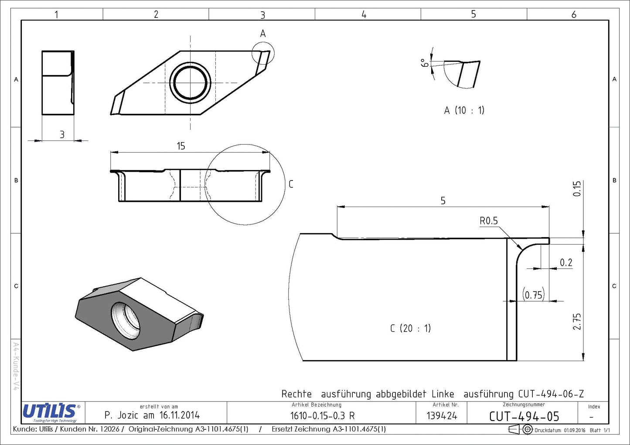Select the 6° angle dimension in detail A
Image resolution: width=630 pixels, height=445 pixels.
pos(425,63)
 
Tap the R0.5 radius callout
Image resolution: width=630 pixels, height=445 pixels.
pos(489,221)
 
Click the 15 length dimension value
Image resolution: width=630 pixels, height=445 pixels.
pos(181,146)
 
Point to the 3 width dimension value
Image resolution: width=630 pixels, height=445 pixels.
pos(62,135)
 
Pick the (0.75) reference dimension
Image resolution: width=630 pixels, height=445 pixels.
pos(534,295)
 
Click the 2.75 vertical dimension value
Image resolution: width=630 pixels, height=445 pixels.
pos(576,322)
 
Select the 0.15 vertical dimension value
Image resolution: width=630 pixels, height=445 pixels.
pos(576,189)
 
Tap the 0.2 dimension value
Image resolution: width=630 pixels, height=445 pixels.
pos(566,262)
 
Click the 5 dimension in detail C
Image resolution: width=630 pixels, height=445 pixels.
pos(443,201)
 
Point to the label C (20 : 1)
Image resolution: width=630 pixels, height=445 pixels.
pos(410,328)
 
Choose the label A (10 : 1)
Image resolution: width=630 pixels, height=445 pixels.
pos(464,110)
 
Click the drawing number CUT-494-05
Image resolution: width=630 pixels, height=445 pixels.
pos(524,416)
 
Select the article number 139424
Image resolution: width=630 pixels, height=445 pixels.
pos(442,416)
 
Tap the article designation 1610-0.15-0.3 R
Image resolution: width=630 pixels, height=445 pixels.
pos(322,416)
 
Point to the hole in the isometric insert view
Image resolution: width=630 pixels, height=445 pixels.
pos(126,321)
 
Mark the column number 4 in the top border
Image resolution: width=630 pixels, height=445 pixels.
pos(364,14)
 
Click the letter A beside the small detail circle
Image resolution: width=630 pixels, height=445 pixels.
pos(263,34)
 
